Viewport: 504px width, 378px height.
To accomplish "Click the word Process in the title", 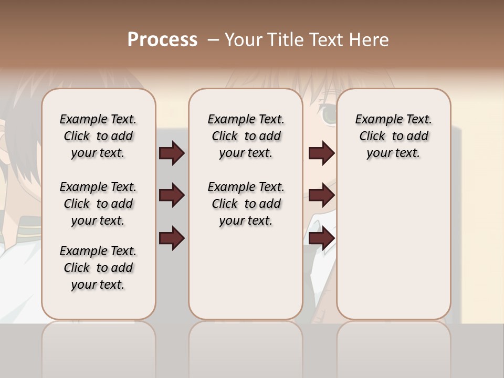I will coord(162,40).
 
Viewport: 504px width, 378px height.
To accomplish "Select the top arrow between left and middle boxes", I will coord(172,153).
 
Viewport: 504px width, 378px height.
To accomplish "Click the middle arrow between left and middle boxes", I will coord(172,196).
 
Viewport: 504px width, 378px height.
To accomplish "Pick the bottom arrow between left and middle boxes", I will coord(172,238).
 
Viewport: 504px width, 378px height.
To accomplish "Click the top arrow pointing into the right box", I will coord(321,153).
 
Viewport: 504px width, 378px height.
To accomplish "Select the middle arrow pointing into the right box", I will coord(321,196).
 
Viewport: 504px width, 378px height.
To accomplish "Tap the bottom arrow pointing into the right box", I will coord(321,238).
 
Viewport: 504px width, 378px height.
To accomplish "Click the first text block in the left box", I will coord(98,136).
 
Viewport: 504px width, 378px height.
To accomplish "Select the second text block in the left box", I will coord(98,204).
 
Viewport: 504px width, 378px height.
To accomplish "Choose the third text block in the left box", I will coord(98,268).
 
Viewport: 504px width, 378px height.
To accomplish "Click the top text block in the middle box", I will coord(246,136).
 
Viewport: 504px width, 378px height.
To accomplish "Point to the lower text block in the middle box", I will coord(246,204).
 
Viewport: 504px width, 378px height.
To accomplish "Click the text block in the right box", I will coord(393,136).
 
